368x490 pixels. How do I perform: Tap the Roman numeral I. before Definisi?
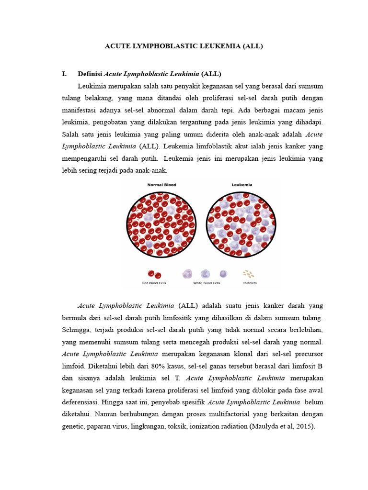pyautogui.click(x=65, y=74)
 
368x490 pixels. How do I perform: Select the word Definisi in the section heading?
pyautogui.click(x=90, y=74)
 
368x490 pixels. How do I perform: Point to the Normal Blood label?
pyautogui.click(x=161, y=185)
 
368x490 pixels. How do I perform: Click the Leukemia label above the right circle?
pyautogui.click(x=241, y=185)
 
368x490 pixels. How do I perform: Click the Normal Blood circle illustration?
pyautogui.click(x=161, y=223)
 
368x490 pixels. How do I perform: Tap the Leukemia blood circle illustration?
pyautogui.click(x=241, y=223)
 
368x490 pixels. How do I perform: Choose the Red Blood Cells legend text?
pyautogui.click(x=154, y=283)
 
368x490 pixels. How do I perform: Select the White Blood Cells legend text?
pyautogui.click(x=206, y=283)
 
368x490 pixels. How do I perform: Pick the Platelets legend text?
pyautogui.click(x=250, y=283)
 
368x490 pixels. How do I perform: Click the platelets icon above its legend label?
pyautogui.click(x=248, y=274)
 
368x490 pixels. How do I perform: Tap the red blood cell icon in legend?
pyautogui.click(x=154, y=274)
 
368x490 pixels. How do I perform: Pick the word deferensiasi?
pyautogui.click(x=84, y=402)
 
